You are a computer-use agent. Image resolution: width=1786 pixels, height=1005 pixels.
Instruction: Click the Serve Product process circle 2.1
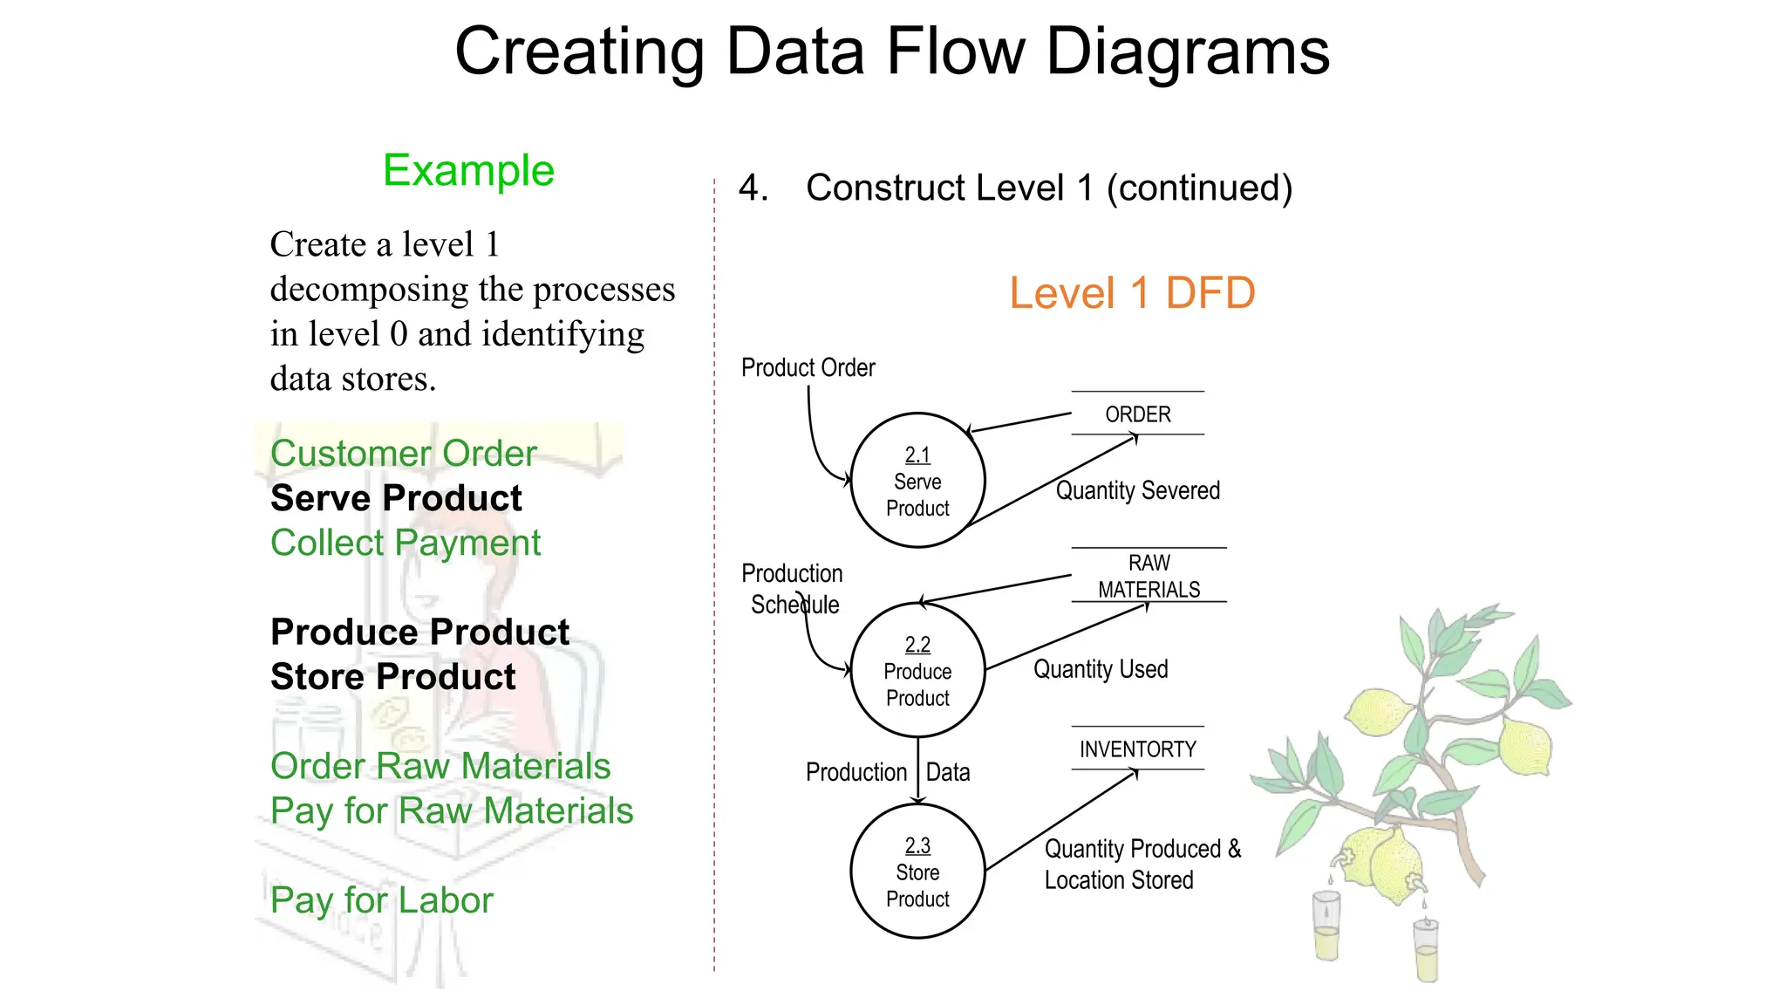coord(917,481)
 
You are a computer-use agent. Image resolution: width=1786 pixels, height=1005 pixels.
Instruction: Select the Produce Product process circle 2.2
coord(917,671)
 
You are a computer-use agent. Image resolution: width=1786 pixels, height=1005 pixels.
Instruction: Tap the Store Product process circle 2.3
coord(917,872)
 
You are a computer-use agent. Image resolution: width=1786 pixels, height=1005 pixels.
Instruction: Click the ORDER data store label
coord(1137,414)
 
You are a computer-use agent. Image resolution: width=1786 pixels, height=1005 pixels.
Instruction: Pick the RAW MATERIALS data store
coord(1149,576)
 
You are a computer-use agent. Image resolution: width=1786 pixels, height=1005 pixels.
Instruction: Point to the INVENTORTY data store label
coord(1137,749)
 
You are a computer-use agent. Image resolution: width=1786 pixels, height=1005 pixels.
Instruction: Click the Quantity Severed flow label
coord(1137,490)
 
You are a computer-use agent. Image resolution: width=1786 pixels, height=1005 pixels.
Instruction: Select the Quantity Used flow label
coord(1101,669)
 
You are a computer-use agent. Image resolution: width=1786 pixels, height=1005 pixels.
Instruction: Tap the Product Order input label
coord(808,368)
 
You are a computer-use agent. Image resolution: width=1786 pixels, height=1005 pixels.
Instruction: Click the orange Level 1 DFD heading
coord(1131,293)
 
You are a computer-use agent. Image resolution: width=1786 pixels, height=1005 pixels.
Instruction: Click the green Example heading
coord(468,170)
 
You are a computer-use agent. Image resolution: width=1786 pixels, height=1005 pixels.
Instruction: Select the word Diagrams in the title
coord(1187,52)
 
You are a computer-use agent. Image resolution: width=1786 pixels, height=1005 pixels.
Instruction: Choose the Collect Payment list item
coord(406,543)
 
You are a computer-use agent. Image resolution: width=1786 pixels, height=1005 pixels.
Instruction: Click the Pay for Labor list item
coord(381,900)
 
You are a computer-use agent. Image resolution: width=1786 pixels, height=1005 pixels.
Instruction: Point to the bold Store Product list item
coord(393,677)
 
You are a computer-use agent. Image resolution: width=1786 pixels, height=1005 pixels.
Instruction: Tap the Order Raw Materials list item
coord(440,766)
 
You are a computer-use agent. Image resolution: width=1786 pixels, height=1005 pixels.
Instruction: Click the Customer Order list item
coord(403,454)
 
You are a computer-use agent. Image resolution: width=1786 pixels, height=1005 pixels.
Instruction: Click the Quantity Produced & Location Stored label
coord(1142,864)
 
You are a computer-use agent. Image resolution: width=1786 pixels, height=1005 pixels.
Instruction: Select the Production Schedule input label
coord(792,589)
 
